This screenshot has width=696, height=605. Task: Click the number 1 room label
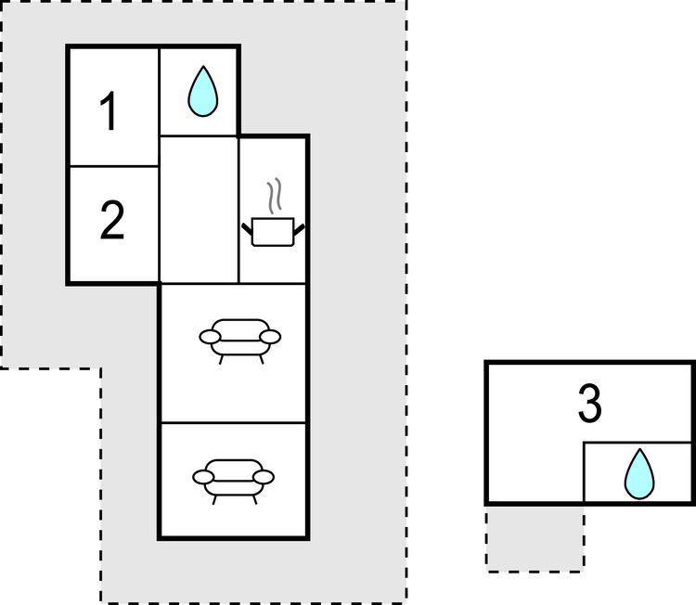[109, 111]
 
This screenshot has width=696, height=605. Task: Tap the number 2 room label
[112, 220]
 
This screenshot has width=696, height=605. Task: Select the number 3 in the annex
[590, 404]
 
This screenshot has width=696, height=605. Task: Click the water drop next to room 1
[203, 92]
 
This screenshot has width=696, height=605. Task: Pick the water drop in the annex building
[639, 473]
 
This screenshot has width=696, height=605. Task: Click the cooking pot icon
[273, 231]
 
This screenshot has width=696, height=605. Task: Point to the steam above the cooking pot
[275, 195]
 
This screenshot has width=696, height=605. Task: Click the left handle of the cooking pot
[247, 229]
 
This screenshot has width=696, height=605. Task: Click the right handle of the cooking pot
[299, 229]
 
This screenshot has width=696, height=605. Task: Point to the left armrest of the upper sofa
[210, 337]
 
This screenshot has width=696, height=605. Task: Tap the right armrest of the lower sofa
[264, 477]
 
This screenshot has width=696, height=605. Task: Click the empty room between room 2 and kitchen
[199, 209]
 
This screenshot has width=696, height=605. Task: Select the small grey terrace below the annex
[535, 538]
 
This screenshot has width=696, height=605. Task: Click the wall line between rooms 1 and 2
[114, 166]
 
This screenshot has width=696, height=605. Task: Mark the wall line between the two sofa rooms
[234, 422]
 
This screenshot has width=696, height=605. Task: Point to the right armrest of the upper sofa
[270, 337]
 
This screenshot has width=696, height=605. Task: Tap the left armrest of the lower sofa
[203, 477]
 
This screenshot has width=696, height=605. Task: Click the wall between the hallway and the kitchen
[238, 210]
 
